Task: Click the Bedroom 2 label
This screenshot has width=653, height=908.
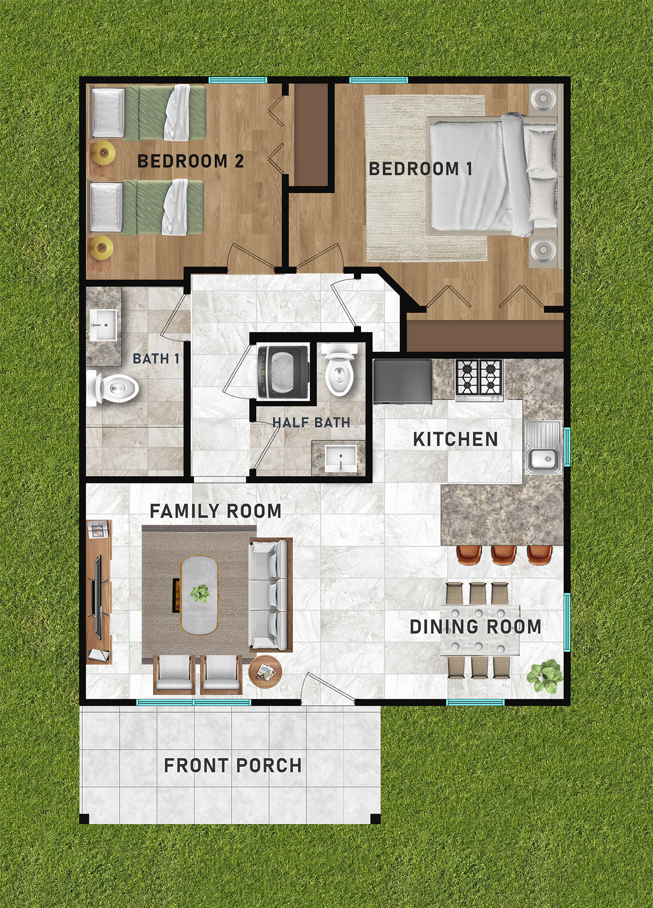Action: point(190,161)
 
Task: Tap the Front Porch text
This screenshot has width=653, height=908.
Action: point(233,765)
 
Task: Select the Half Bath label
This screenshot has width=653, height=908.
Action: point(311,422)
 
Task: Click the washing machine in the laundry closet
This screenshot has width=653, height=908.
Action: point(284,372)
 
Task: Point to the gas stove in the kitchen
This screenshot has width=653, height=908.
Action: point(479,380)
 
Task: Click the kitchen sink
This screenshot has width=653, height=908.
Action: point(543,447)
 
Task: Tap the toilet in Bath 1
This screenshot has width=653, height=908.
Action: point(112,388)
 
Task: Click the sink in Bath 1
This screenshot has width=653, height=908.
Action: point(103,325)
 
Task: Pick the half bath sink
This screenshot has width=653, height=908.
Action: point(341,458)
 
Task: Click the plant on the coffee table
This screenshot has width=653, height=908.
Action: point(200,593)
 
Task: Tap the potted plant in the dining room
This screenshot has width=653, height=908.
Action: point(545,676)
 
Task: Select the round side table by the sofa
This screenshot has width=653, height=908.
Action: point(265,672)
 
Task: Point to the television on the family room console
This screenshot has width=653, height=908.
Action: point(98,597)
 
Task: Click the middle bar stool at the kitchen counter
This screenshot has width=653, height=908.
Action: point(504,555)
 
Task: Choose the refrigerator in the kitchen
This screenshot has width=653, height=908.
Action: point(403,381)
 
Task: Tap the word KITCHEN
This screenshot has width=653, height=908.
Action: point(455,439)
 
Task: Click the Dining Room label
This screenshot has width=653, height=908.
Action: point(475,627)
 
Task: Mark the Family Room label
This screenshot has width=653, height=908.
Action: point(215,511)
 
